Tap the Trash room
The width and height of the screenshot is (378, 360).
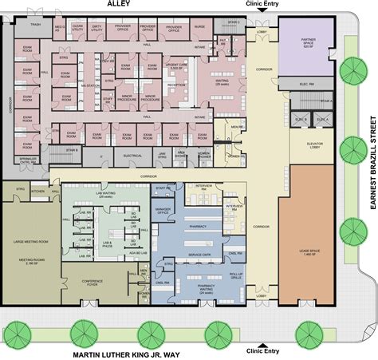pyautogui.click(x=36, y=25)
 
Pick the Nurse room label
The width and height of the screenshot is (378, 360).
pyautogui.click(x=199, y=27)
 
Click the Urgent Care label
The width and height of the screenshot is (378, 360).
pyautogui.click(x=176, y=65)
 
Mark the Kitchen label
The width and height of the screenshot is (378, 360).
pyautogui.click(x=37, y=192)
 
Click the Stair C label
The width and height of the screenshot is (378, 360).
pyautogui.click(x=233, y=22)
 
